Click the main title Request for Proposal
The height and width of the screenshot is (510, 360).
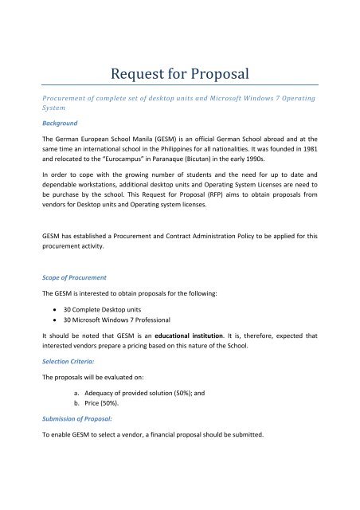(179, 75)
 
